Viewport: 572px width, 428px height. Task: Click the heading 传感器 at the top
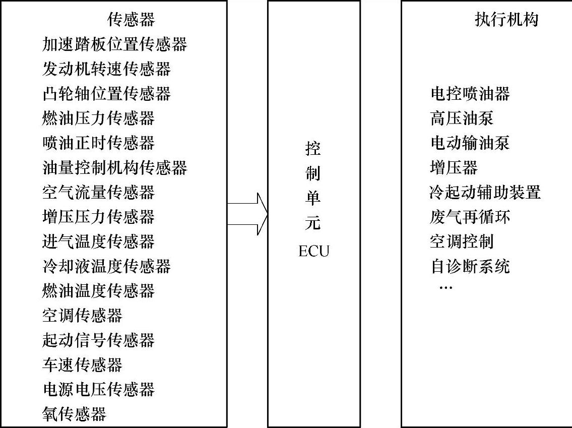click(x=131, y=20)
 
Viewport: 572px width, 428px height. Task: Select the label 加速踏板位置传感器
click(x=114, y=44)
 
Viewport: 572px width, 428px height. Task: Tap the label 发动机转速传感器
click(x=106, y=69)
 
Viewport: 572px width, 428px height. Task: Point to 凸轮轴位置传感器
click(x=106, y=94)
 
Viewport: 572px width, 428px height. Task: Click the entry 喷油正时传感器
click(x=98, y=143)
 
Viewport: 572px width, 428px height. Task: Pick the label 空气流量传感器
click(x=98, y=193)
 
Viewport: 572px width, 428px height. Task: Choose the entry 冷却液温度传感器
click(x=106, y=266)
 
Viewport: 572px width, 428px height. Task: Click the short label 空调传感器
click(x=82, y=316)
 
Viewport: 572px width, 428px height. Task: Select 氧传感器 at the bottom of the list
click(x=74, y=414)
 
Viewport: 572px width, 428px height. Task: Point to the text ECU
click(x=313, y=251)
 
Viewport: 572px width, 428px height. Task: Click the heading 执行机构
click(x=506, y=20)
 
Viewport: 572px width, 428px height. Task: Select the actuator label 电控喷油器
click(x=470, y=94)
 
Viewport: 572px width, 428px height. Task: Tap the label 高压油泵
click(x=462, y=118)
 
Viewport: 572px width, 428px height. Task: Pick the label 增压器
click(x=454, y=167)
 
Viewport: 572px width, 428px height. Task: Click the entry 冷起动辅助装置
click(x=485, y=193)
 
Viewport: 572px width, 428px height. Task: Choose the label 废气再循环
click(x=470, y=217)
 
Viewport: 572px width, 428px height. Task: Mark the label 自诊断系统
click(x=470, y=266)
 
